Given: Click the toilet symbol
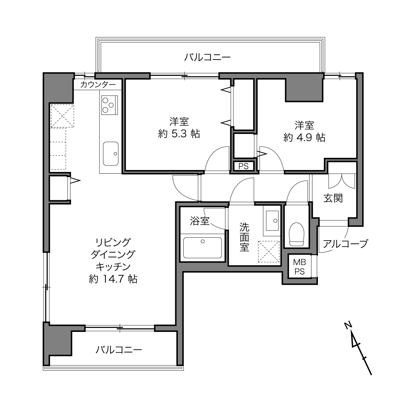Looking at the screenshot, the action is [296, 234].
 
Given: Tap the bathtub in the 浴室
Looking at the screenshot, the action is [202, 247].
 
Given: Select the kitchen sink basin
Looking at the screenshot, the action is [111, 153].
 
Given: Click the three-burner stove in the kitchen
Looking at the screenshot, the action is [110, 105].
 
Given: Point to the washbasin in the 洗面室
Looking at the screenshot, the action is [272, 220].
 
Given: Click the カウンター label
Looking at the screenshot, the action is [98, 85].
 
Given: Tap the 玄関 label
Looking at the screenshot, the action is [333, 198].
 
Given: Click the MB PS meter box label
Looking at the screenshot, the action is [299, 267].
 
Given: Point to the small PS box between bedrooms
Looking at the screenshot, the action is [243, 166].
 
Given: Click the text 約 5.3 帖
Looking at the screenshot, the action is [179, 134].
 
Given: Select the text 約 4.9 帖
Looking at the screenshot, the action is [304, 138].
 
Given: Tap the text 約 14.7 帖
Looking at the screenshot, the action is [113, 279].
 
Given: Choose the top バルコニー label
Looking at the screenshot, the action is [207, 57].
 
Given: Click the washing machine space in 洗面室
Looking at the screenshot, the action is [269, 252].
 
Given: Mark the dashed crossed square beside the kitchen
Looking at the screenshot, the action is [62, 116].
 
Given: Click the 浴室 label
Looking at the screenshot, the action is [199, 221].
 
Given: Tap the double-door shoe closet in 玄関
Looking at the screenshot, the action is [342, 181].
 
